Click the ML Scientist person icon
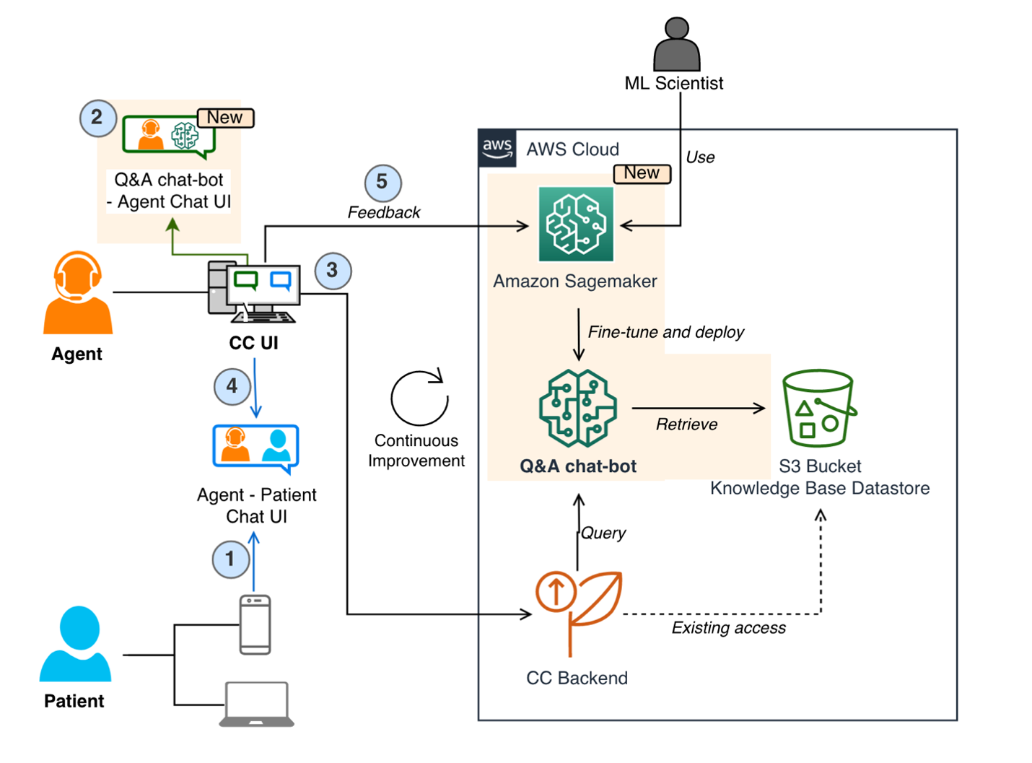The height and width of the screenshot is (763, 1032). click(676, 45)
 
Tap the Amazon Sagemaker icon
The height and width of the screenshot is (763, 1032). click(576, 224)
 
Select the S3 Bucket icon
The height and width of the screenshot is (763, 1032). click(818, 408)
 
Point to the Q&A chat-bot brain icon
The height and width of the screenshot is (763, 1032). click(578, 409)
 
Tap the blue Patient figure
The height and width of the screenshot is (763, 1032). click(76, 644)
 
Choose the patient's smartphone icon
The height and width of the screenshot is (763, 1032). click(255, 625)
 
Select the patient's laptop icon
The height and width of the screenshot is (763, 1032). click(256, 704)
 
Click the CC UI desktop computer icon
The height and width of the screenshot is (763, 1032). click(253, 292)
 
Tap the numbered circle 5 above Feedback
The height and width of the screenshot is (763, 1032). click(382, 183)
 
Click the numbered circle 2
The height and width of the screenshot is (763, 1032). click(97, 118)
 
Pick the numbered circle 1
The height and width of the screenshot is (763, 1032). click(230, 559)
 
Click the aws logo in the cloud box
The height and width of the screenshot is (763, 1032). click(497, 148)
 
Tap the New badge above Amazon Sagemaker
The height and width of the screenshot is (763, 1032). click(642, 173)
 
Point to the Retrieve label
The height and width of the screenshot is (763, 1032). click(686, 424)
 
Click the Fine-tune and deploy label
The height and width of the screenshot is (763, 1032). click(665, 332)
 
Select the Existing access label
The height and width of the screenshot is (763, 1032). click(728, 628)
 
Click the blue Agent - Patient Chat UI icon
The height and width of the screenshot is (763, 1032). click(256, 448)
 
